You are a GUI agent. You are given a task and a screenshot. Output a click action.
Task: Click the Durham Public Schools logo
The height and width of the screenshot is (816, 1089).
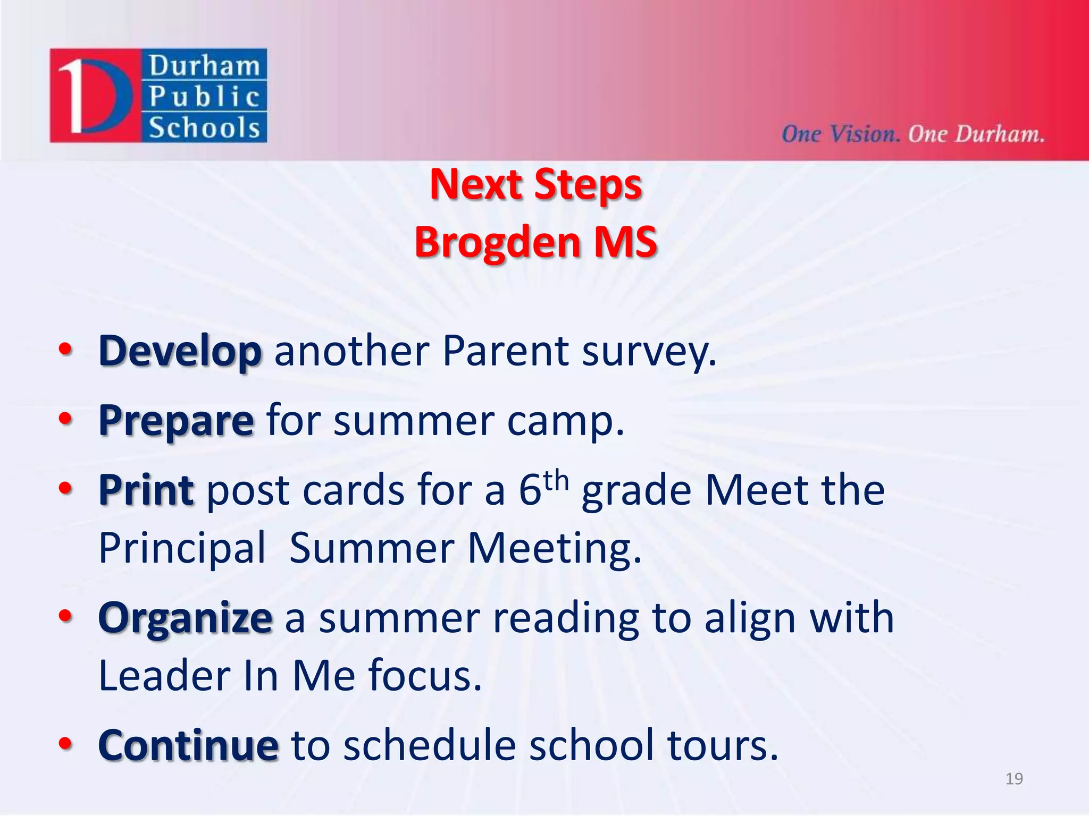158,96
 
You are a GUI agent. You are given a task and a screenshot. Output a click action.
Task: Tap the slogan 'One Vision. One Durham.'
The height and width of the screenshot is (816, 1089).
912,134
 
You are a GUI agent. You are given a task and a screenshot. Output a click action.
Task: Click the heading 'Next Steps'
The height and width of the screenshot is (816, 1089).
536,184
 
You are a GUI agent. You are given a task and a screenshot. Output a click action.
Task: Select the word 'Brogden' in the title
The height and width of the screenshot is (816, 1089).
497,242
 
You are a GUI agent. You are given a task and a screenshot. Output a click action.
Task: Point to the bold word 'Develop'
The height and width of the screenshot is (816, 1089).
180,352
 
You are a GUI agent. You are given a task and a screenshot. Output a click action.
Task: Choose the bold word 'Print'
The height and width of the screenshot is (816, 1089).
146,490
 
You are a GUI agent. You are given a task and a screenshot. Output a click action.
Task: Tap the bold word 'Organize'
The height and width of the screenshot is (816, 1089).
185,618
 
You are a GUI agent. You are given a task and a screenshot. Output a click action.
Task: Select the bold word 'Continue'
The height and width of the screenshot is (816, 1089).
188,745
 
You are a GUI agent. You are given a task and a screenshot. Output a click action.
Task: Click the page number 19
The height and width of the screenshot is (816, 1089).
1014,779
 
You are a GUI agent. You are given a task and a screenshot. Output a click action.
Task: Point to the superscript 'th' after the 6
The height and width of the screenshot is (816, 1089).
556,480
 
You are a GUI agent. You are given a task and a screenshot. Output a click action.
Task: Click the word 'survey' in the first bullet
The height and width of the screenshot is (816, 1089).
649,352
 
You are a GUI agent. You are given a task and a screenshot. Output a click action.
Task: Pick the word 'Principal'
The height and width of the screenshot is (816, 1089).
182,548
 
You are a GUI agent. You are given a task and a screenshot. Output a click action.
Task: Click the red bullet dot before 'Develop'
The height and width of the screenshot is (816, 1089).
65,350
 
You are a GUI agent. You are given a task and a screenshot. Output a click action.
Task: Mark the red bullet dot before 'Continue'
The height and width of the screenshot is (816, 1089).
65,743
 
